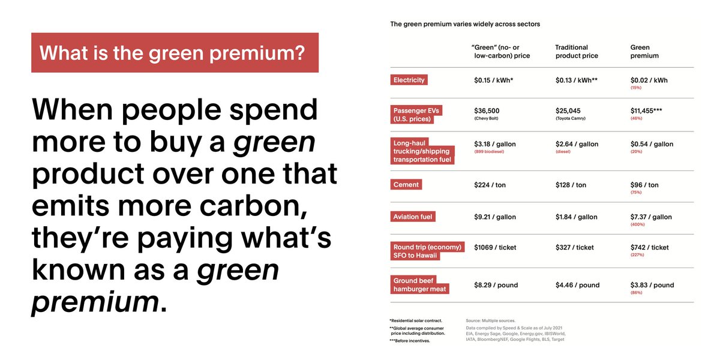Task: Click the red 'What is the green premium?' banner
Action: pos(175,52)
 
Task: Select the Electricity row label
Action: pos(409,80)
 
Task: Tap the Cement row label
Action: pos(406,185)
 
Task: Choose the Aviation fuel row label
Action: pos(413,217)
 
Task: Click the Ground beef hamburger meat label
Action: pos(419,284)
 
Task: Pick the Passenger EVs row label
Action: pos(416,115)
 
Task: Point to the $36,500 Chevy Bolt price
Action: pos(487,113)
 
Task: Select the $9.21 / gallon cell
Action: pos(495,217)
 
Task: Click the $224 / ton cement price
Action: pos(490,185)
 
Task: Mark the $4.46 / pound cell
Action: pos(578,285)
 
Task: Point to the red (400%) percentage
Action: pos(637,224)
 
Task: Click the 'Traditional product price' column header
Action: pos(577,52)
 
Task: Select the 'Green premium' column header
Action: pos(644,52)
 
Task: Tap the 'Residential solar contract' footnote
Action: pos(416,320)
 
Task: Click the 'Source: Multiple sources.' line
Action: pos(491,320)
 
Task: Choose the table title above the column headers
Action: pos(465,24)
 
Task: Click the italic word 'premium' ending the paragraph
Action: pos(95,302)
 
